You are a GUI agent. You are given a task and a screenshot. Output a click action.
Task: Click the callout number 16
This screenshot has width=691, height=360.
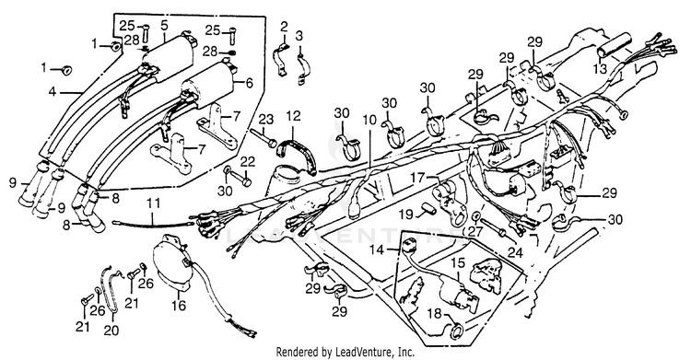(x=180, y=306)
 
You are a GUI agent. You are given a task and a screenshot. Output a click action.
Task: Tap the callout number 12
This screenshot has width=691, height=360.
(x=293, y=116)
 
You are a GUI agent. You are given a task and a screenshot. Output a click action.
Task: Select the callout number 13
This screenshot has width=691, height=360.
(x=600, y=68)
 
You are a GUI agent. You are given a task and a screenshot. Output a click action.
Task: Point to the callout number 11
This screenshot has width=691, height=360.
(x=153, y=204)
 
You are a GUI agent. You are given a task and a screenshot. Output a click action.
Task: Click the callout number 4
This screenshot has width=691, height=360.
(x=53, y=93)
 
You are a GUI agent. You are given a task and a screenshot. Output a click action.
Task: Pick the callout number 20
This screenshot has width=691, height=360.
(x=111, y=330)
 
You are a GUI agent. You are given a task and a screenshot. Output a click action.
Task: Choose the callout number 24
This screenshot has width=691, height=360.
(x=515, y=252)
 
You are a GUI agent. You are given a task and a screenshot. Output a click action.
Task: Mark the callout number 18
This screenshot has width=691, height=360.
(x=434, y=314)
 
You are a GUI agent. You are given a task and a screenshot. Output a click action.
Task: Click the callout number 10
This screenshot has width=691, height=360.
(x=370, y=120)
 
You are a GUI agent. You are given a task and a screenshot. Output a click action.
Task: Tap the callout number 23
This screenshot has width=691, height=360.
(x=265, y=119)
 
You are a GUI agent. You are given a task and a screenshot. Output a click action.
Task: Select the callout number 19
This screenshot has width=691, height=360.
(x=406, y=215)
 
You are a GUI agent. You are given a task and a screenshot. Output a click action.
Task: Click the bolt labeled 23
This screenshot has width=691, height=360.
(x=264, y=137)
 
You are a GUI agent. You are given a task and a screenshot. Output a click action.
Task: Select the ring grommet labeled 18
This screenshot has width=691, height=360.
(x=456, y=331)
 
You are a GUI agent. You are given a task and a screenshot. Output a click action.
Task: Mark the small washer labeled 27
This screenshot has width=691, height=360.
(x=476, y=216)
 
